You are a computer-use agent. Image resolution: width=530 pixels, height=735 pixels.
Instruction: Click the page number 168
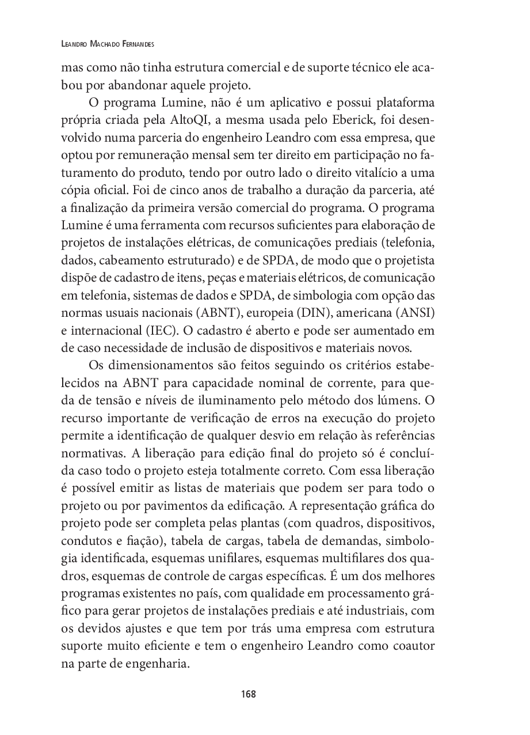(248, 694)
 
